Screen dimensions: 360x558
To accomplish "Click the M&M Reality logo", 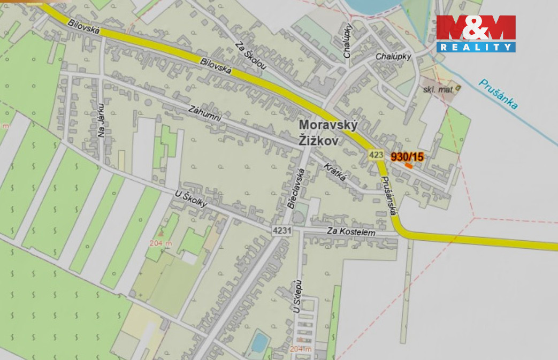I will [x=476, y=33].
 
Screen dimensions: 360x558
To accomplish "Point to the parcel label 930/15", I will [x=407, y=157].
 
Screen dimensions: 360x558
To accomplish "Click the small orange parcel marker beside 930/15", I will [x=409, y=166].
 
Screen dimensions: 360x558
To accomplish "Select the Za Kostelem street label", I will [x=355, y=233].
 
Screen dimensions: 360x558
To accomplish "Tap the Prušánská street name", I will [x=388, y=196].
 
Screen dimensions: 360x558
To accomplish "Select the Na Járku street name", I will [x=101, y=120].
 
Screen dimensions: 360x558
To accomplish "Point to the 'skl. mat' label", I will [x=438, y=90].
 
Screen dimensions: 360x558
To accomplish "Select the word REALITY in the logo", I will [x=476, y=47].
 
